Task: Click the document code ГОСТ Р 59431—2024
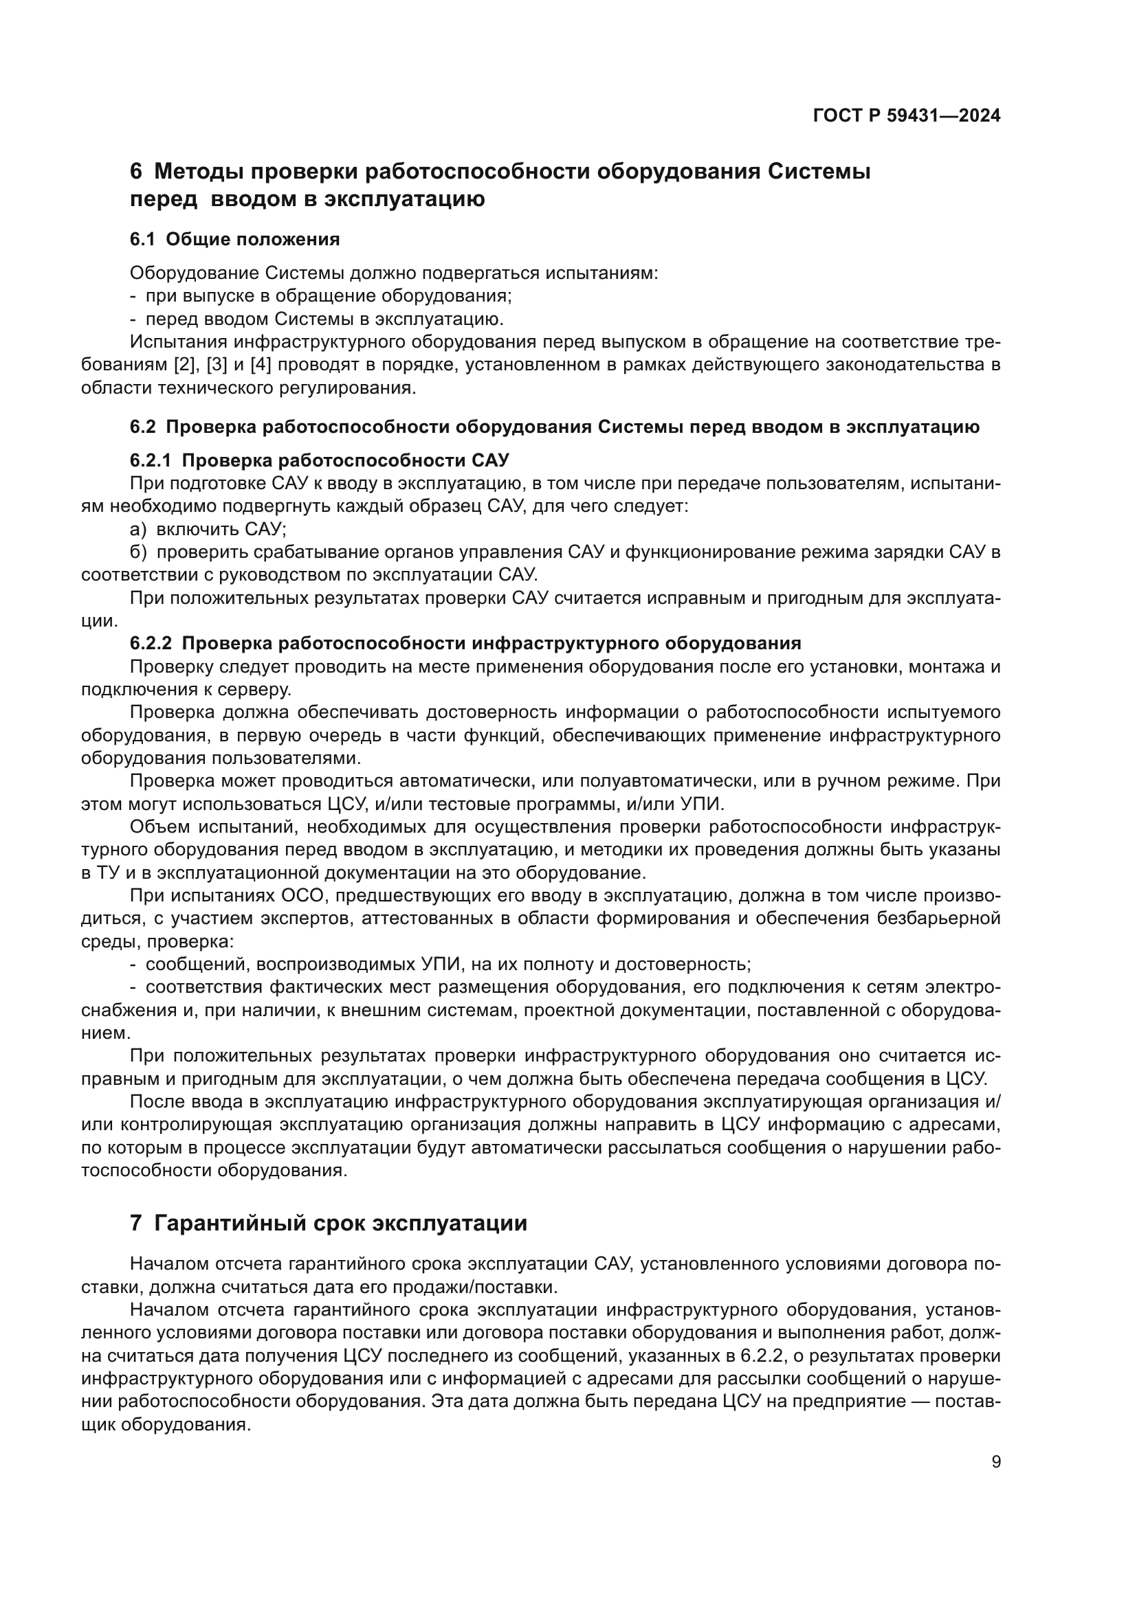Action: (906, 116)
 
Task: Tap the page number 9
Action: (996, 1461)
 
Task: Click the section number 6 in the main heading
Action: (136, 172)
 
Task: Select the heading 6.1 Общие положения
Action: (234, 239)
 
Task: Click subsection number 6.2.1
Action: (151, 460)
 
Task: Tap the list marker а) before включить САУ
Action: (139, 528)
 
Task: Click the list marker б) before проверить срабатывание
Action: (139, 552)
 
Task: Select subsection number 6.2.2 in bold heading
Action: (151, 642)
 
